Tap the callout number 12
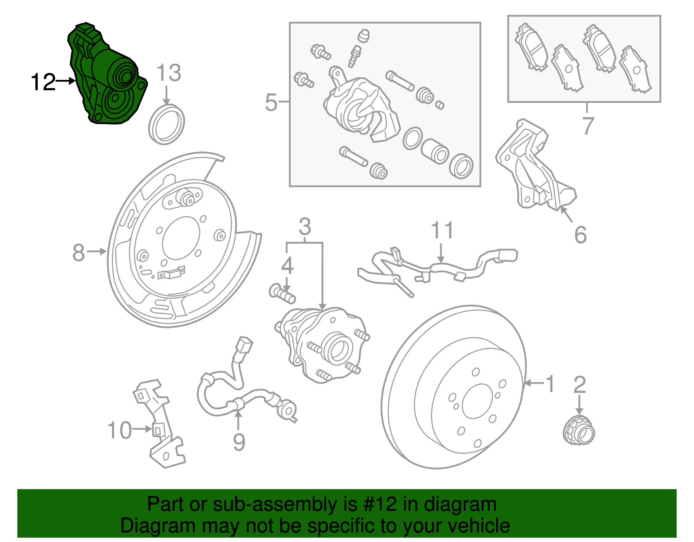[x=43, y=82]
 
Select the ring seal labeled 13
[x=167, y=124]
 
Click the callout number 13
[x=168, y=73]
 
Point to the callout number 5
[x=271, y=102]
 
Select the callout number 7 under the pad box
[x=588, y=125]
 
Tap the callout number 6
[x=580, y=235]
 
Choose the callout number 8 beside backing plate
[x=79, y=252]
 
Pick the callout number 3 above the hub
[x=305, y=227]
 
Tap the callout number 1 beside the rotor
[x=550, y=384]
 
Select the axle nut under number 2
[x=579, y=430]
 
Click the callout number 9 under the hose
[x=239, y=442]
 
